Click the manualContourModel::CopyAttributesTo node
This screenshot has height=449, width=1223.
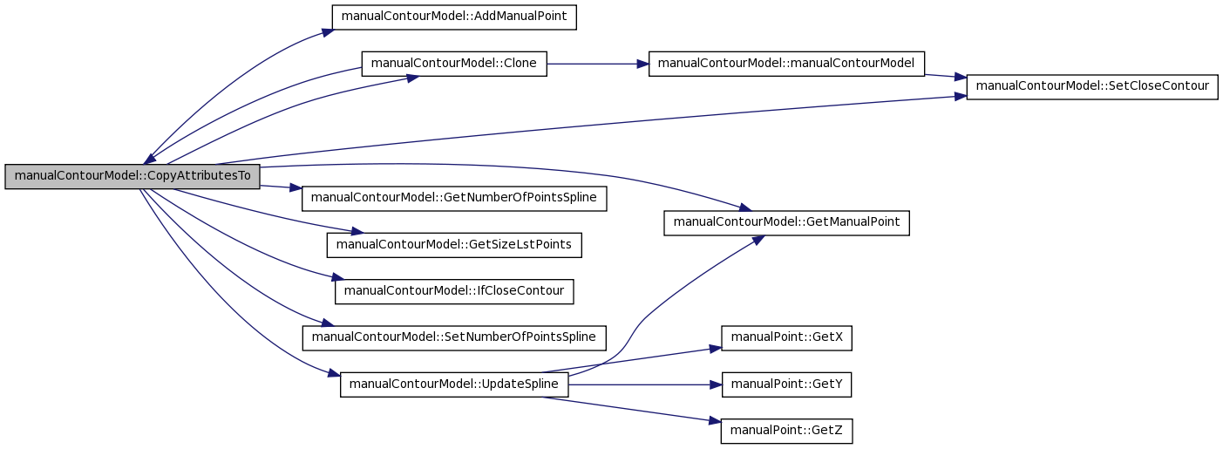[132, 176]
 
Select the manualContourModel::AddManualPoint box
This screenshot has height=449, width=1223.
[454, 17]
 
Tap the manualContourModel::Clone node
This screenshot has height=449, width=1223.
[454, 64]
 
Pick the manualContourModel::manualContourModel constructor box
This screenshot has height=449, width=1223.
[786, 64]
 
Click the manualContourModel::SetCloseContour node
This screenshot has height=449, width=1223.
[1092, 87]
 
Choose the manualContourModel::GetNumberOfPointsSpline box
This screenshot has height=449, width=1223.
[454, 198]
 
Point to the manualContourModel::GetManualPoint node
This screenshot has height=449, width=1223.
[787, 223]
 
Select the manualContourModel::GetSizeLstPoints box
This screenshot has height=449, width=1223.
[454, 245]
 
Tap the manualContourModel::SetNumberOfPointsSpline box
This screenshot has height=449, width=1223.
[454, 338]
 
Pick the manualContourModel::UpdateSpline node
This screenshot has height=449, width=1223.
[454, 384]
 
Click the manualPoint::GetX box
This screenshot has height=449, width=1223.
[787, 338]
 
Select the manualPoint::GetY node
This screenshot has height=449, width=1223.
[787, 384]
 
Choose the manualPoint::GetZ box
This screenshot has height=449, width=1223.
[787, 431]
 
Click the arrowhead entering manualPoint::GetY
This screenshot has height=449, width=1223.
[716, 384]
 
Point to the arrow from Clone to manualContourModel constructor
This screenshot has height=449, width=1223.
[598, 64]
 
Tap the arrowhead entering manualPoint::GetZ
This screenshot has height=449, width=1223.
[715, 422]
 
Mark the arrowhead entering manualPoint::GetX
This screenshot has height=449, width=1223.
[716, 348]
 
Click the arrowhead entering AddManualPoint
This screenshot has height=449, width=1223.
[328, 32]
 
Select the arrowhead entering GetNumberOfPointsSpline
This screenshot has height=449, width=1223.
[296, 188]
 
